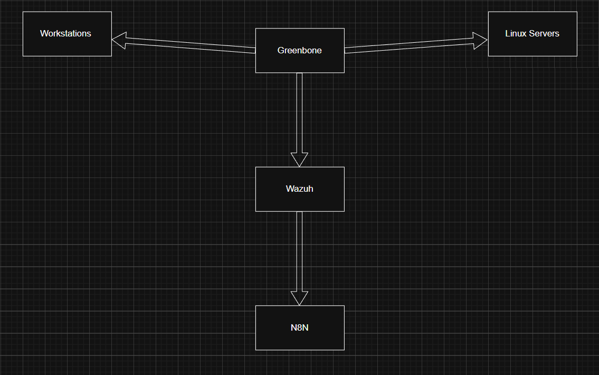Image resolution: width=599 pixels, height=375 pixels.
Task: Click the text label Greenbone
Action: (x=300, y=51)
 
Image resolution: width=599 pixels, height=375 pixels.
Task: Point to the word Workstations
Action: (x=65, y=33)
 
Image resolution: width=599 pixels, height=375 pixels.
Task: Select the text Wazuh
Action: (x=300, y=189)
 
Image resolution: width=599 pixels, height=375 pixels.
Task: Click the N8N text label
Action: (x=300, y=327)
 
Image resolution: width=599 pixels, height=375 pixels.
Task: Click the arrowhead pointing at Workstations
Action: (x=119, y=40)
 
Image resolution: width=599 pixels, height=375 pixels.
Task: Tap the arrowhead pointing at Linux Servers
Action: (x=480, y=41)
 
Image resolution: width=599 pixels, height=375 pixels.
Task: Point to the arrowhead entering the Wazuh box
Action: (x=299, y=160)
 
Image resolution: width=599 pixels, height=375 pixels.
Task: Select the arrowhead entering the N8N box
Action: (x=299, y=298)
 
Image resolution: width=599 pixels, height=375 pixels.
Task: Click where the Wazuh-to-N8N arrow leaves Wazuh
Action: (x=299, y=213)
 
